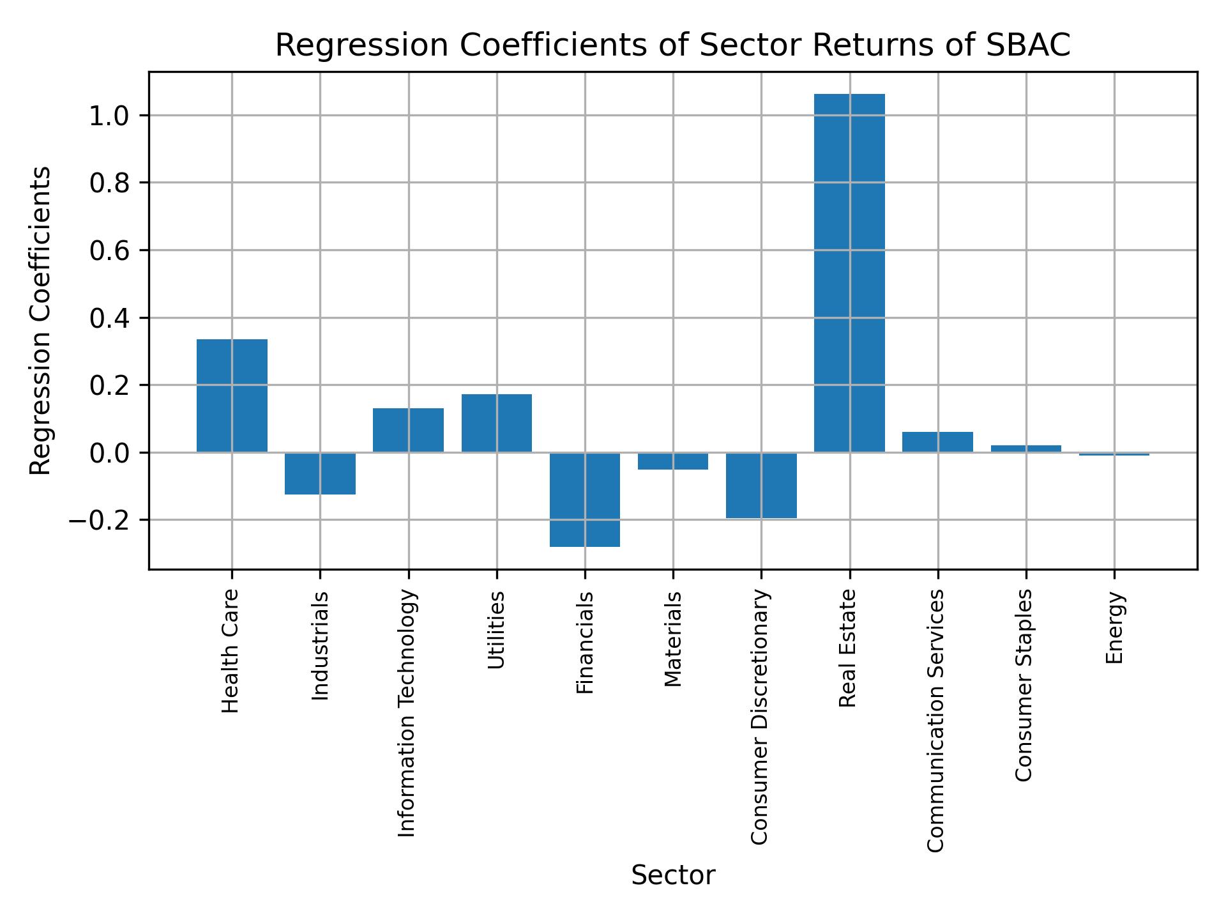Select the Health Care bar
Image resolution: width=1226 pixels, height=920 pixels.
coord(232,396)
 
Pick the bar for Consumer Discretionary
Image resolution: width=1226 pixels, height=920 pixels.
coord(761,486)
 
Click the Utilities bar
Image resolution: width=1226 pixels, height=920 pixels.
coord(497,424)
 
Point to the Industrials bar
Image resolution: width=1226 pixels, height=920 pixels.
coord(320,473)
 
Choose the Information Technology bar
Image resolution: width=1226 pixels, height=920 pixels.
coord(408,431)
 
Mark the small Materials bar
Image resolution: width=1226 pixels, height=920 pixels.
coord(673,461)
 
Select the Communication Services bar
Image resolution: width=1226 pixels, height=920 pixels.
coord(937,442)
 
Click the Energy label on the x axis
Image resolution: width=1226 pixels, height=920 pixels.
coord(1114,628)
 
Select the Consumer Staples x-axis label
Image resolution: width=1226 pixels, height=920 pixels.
coord(1024,686)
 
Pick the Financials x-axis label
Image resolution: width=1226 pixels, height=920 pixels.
coord(586,643)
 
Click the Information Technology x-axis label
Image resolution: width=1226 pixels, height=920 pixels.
coord(407,713)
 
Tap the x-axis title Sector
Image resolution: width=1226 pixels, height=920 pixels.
coord(673,875)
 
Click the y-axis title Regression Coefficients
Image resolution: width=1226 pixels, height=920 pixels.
coord(41,321)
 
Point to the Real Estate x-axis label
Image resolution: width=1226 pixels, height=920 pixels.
coord(847,649)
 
